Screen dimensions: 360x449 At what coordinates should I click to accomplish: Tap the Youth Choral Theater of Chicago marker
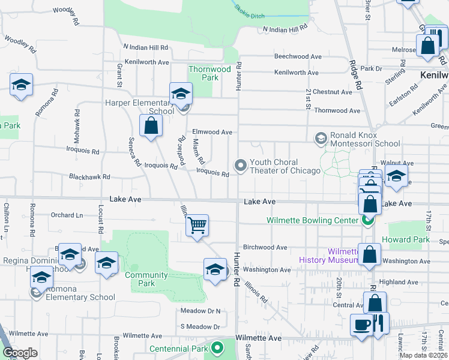tap(241, 165)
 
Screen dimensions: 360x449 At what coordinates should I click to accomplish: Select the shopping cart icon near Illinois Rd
tap(197, 226)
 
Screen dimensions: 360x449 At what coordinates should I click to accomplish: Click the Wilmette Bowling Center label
tap(312, 220)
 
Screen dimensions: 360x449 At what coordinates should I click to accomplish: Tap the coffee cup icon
tap(362, 325)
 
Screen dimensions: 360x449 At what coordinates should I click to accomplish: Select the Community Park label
tap(146, 279)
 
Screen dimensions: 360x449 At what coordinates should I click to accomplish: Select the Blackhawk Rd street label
tap(89, 177)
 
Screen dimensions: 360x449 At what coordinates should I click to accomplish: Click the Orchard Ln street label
tap(67, 215)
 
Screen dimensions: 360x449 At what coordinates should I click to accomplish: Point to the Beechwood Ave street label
tap(296, 56)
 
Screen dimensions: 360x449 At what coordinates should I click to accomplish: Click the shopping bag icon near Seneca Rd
tap(151, 126)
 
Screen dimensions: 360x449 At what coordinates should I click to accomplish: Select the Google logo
tap(20, 353)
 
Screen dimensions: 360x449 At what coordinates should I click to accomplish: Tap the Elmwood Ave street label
tap(212, 132)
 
